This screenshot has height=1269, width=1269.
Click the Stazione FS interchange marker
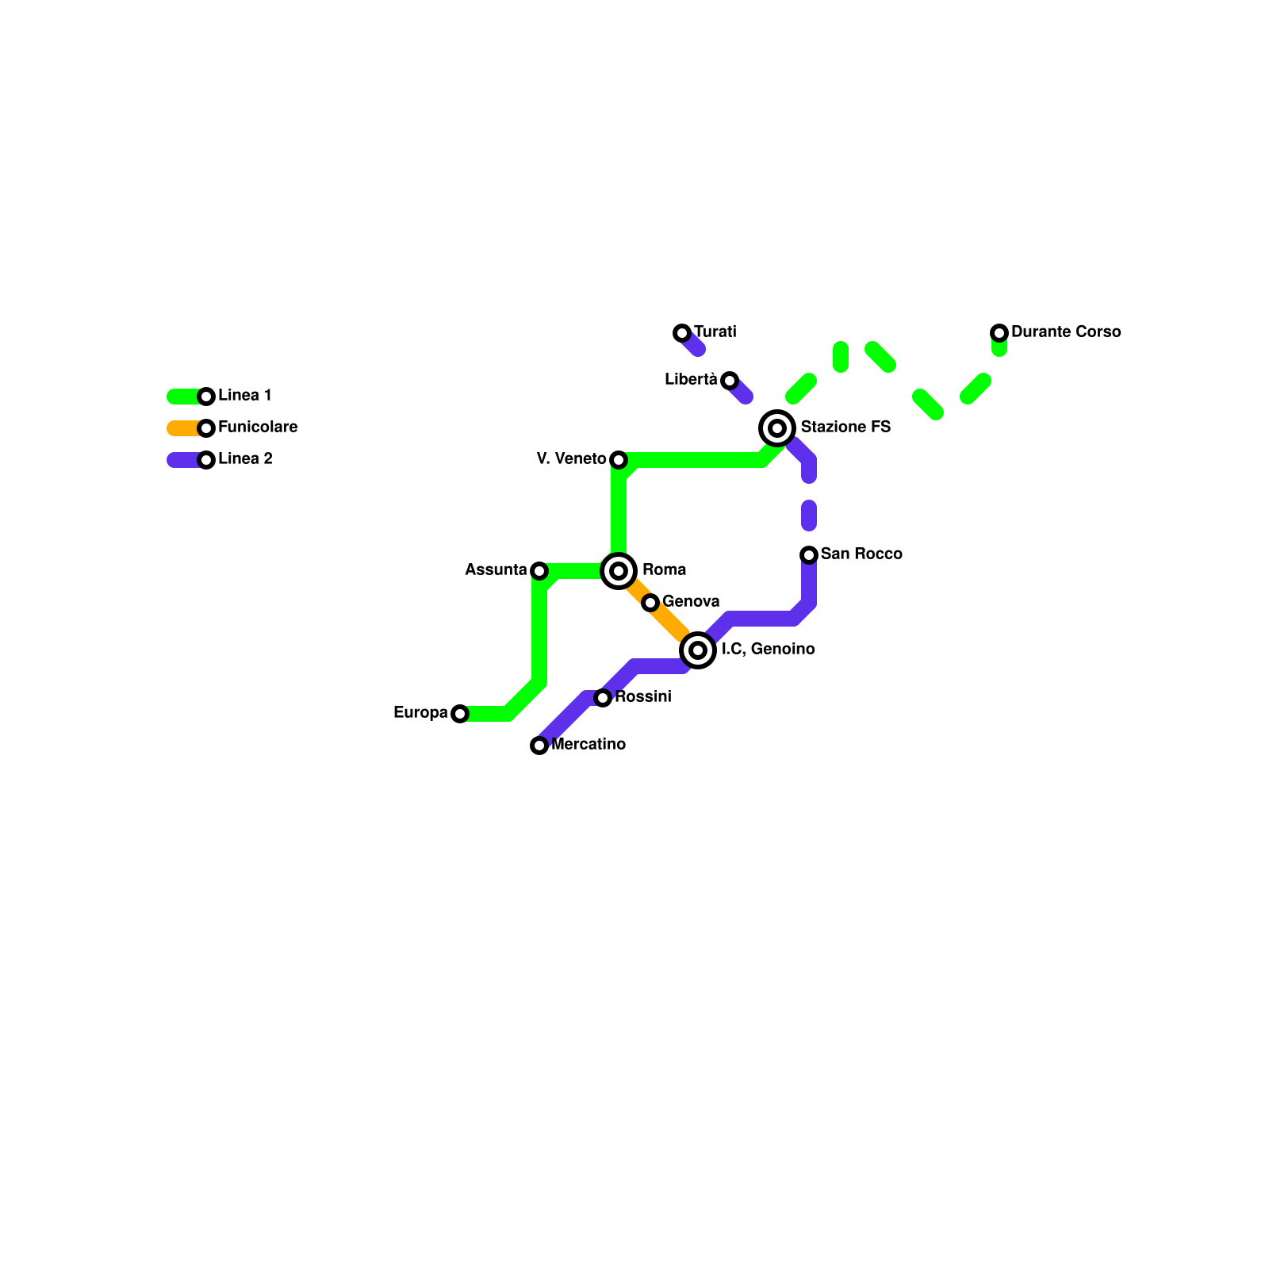[777, 428]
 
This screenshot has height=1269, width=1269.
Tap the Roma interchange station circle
[619, 571]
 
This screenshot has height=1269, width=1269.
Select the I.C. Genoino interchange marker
[698, 650]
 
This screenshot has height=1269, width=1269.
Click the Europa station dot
[460, 714]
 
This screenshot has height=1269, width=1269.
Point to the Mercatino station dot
[539, 746]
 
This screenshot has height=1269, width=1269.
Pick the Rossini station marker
[603, 698]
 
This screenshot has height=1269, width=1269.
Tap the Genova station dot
[650, 603]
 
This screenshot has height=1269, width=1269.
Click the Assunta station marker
[539, 571]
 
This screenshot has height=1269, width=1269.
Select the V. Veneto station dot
[619, 460]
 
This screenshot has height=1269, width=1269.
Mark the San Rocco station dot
[809, 554]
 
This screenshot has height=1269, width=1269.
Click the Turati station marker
[682, 333]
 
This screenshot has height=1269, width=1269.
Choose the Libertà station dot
[730, 381]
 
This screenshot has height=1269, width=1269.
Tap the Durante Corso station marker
[999, 333]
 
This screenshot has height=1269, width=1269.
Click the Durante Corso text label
[1066, 332]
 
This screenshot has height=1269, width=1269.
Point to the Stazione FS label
[845, 427]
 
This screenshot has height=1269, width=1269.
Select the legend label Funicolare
[258, 427]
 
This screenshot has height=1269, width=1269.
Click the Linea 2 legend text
[245, 458]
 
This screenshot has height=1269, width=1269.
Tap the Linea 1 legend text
[245, 395]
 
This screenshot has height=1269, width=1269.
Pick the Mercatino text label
[588, 744]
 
